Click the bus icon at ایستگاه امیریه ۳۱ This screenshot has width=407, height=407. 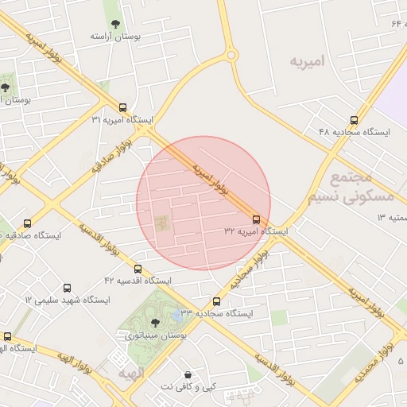(x=122, y=107)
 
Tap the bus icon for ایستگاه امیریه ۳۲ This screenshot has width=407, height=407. (x=256, y=219)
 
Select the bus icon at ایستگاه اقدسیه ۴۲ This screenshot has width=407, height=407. (x=138, y=269)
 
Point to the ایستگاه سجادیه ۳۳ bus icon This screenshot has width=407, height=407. (x=216, y=301)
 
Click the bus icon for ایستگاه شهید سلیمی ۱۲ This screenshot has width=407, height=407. (x=67, y=288)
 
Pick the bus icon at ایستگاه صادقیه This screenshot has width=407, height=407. (x=28, y=224)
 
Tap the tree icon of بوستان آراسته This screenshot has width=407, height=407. (x=116, y=24)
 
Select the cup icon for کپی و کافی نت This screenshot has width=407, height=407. (x=188, y=374)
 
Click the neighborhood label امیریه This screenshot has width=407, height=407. (x=308, y=60)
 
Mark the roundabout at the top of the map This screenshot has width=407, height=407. (x=231, y=55)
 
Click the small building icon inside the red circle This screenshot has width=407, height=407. (x=162, y=223)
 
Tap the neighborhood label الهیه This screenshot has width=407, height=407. (x=132, y=373)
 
